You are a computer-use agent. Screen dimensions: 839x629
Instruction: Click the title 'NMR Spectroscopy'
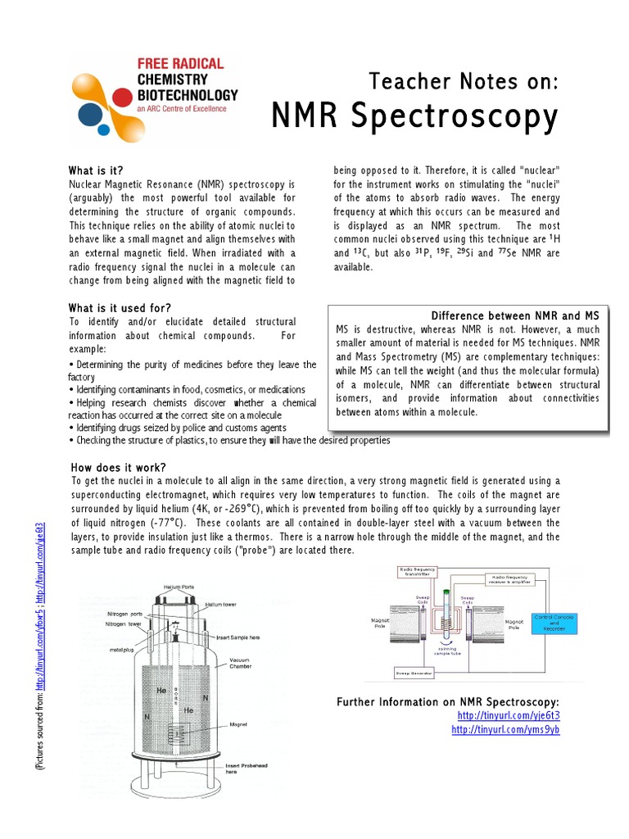[414, 116]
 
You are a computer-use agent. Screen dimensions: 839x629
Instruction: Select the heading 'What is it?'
[96, 170]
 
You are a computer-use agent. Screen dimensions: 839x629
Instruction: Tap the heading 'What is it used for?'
[120, 307]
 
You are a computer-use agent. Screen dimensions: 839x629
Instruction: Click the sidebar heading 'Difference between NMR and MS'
[515, 315]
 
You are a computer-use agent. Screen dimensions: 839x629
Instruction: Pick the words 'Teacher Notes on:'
[464, 80]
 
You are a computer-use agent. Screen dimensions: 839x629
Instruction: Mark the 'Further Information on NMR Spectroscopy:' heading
[448, 702]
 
